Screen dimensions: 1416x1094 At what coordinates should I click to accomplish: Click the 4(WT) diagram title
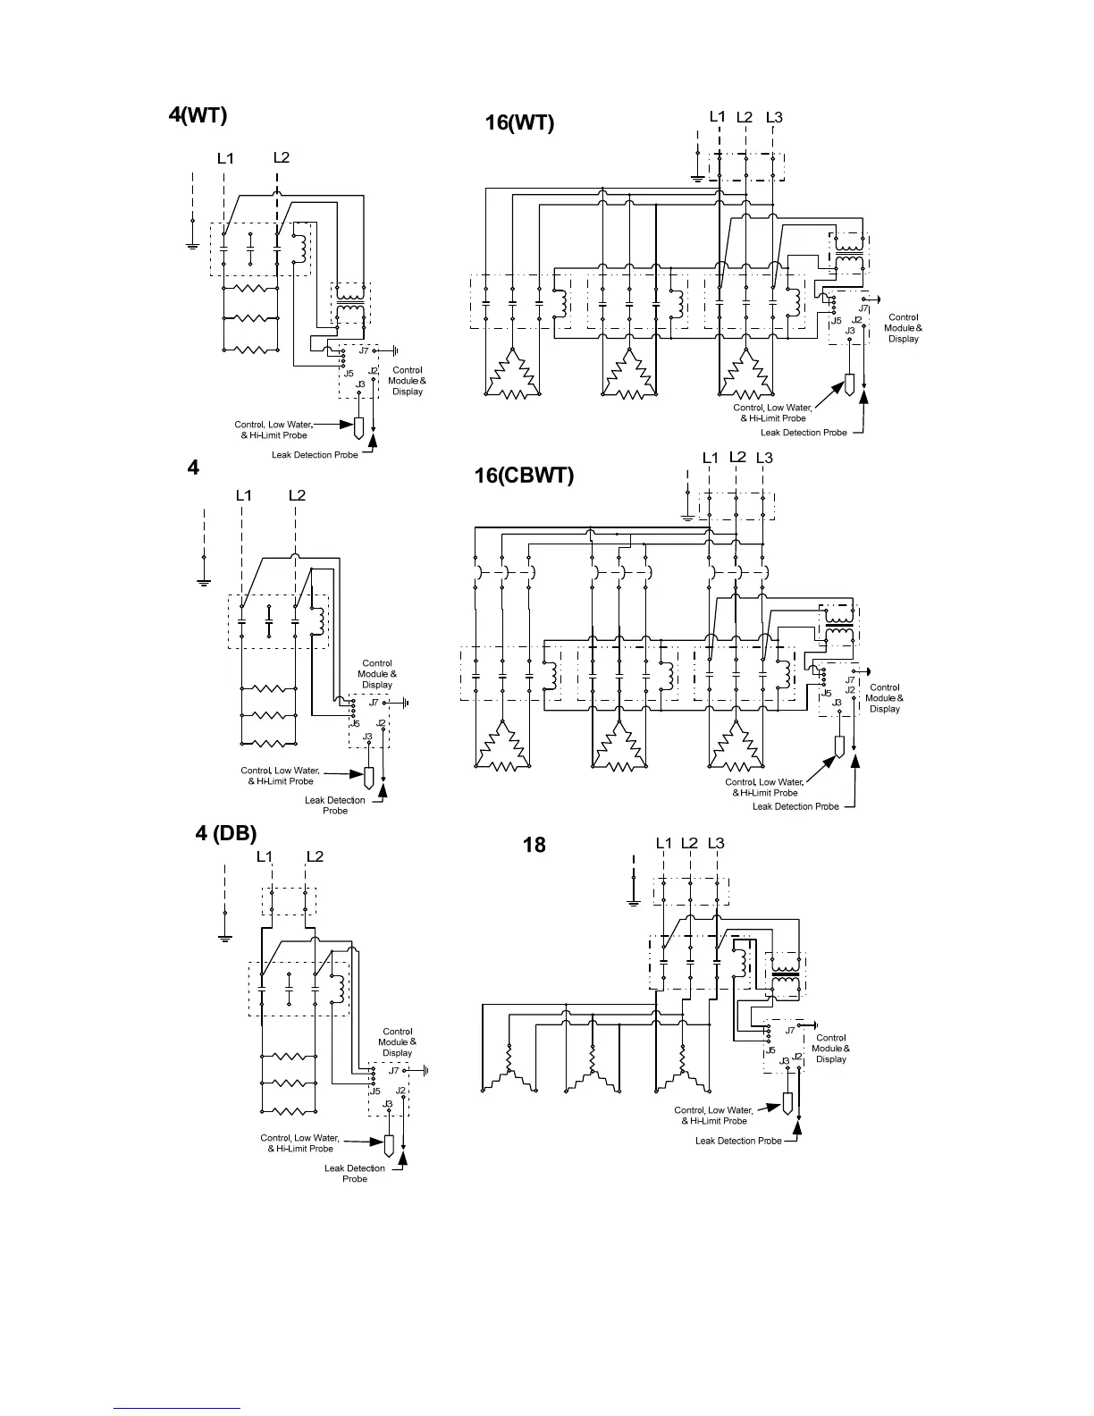pyautogui.click(x=198, y=115)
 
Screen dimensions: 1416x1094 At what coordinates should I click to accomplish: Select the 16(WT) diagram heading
pyautogui.click(x=519, y=122)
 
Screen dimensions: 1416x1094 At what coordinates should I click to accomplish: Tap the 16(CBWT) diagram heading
pyautogui.click(x=524, y=475)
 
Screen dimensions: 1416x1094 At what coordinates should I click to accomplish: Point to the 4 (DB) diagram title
pyautogui.click(x=226, y=833)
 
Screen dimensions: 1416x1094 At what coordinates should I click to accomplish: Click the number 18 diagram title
pyautogui.click(x=534, y=845)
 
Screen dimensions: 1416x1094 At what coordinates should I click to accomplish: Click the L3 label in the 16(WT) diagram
pyautogui.click(x=774, y=117)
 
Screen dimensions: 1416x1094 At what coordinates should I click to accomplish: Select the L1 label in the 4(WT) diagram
pyautogui.click(x=225, y=158)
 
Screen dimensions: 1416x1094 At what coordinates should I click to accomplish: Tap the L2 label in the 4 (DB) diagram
pyautogui.click(x=315, y=856)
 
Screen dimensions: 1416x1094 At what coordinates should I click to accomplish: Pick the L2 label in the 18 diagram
pyautogui.click(x=689, y=843)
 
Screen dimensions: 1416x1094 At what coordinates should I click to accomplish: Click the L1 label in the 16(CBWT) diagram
pyautogui.click(x=711, y=458)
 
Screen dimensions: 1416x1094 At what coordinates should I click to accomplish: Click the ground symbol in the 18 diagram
pyautogui.click(x=634, y=902)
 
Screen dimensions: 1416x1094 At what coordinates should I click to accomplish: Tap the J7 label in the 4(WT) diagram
pyautogui.click(x=364, y=350)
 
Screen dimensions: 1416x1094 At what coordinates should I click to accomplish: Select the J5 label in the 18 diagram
pyautogui.click(x=770, y=1049)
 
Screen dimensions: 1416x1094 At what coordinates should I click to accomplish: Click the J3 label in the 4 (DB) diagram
pyautogui.click(x=388, y=1104)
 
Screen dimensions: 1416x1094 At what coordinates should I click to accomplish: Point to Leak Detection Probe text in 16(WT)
pyautogui.click(x=804, y=433)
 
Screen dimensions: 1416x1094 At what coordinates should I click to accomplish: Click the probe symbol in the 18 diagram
pyautogui.click(x=788, y=1102)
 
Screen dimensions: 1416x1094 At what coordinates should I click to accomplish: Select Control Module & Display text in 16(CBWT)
pyautogui.click(x=884, y=698)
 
